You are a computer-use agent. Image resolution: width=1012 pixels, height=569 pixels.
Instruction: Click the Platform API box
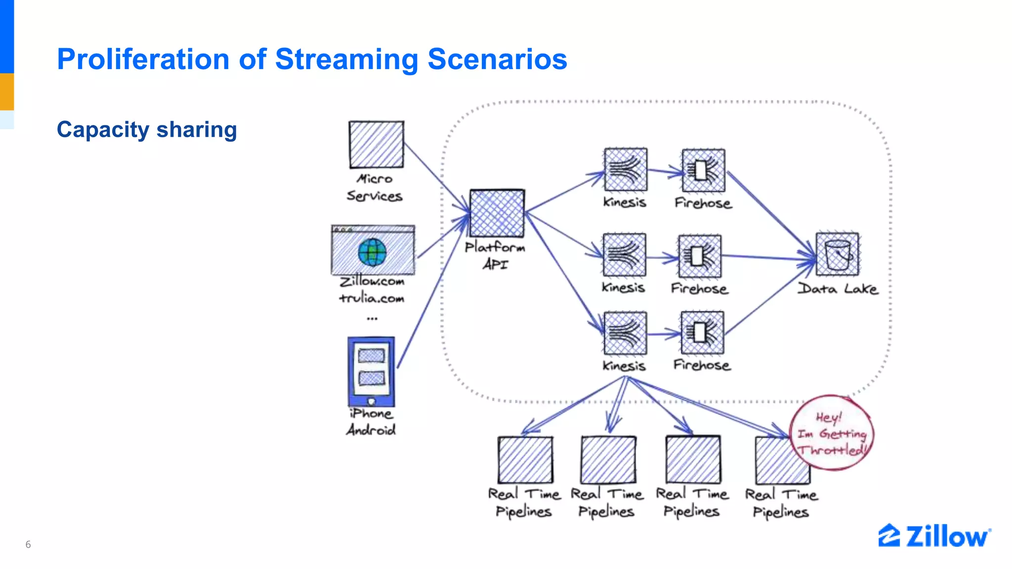click(x=497, y=213)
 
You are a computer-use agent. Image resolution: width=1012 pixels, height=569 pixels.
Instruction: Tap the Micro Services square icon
click(x=376, y=145)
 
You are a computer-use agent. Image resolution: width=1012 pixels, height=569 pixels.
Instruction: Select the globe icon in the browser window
click(x=372, y=252)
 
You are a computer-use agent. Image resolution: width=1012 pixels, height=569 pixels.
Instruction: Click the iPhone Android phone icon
click(x=371, y=371)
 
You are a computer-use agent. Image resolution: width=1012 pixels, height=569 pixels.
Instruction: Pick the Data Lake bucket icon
click(x=838, y=255)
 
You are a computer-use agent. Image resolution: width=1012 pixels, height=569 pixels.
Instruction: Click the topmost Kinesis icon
click(x=625, y=170)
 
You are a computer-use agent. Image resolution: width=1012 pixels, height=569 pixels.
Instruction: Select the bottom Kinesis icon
click(x=625, y=333)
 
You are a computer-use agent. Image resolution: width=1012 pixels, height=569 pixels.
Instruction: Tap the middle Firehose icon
click(x=700, y=256)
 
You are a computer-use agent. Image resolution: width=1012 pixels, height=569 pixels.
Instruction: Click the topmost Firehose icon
click(x=703, y=170)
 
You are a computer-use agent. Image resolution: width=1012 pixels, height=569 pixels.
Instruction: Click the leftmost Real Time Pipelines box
click(x=525, y=460)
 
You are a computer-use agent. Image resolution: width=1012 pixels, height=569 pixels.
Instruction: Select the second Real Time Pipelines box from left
click(x=608, y=460)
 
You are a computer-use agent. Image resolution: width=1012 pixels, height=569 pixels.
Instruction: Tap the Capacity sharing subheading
click(x=147, y=130)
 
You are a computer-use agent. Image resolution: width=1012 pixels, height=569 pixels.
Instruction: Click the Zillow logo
click(x=934, y=536)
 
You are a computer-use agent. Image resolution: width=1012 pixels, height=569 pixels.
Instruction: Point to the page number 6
click(x=28, y=544)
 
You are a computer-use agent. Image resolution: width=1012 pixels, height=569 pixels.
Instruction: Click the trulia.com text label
click(x=372, y=298)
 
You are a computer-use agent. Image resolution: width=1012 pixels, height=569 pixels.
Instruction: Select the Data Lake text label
click(x=838, y=289)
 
